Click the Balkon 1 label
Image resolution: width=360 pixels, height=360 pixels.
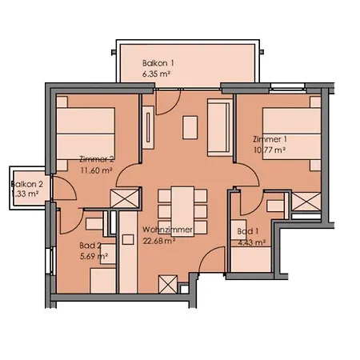(158, 63)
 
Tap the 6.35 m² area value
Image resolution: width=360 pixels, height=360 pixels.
(156, 74)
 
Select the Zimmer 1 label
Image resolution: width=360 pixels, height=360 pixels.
(270, 139)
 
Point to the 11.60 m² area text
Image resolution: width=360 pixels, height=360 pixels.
(96, 170)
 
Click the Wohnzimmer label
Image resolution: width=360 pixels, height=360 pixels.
(167, 230)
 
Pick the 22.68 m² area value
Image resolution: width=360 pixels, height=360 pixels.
(159, 241)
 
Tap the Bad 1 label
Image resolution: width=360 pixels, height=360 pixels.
(248, 231)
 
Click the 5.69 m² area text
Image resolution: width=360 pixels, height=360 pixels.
(94, 257)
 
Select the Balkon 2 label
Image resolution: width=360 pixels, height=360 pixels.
(27, 184)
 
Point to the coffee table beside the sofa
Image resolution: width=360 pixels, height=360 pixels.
(190, 127)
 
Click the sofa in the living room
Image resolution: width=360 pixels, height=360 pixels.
(220, 127)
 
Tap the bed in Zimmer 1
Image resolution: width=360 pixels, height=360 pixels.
(291, 134)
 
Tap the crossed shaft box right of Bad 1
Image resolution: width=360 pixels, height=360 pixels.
(306, 202)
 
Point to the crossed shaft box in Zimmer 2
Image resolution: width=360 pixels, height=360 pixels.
(125, 198)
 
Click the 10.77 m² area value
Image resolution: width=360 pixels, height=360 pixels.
(270, 150)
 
